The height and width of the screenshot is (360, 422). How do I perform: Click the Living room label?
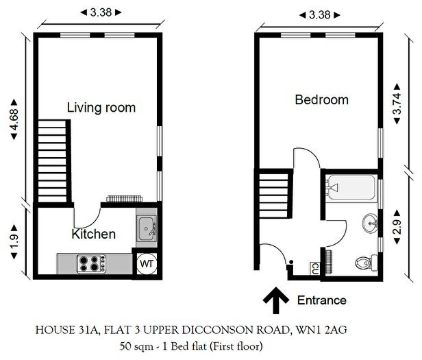click(101, 108)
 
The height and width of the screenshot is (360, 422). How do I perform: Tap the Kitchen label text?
click(93, 235)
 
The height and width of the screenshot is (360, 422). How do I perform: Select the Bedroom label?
click(321, 100)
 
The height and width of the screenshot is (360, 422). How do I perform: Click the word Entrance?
click(321, 300)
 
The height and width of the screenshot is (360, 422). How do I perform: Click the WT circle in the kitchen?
click(147, 263)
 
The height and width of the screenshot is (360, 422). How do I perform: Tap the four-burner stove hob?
click(92, 262)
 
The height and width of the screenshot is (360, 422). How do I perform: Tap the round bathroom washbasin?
click(371, 223)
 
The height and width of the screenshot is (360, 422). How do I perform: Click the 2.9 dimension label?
click(396, 228)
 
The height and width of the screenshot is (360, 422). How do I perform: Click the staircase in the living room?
click(53, 160)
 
